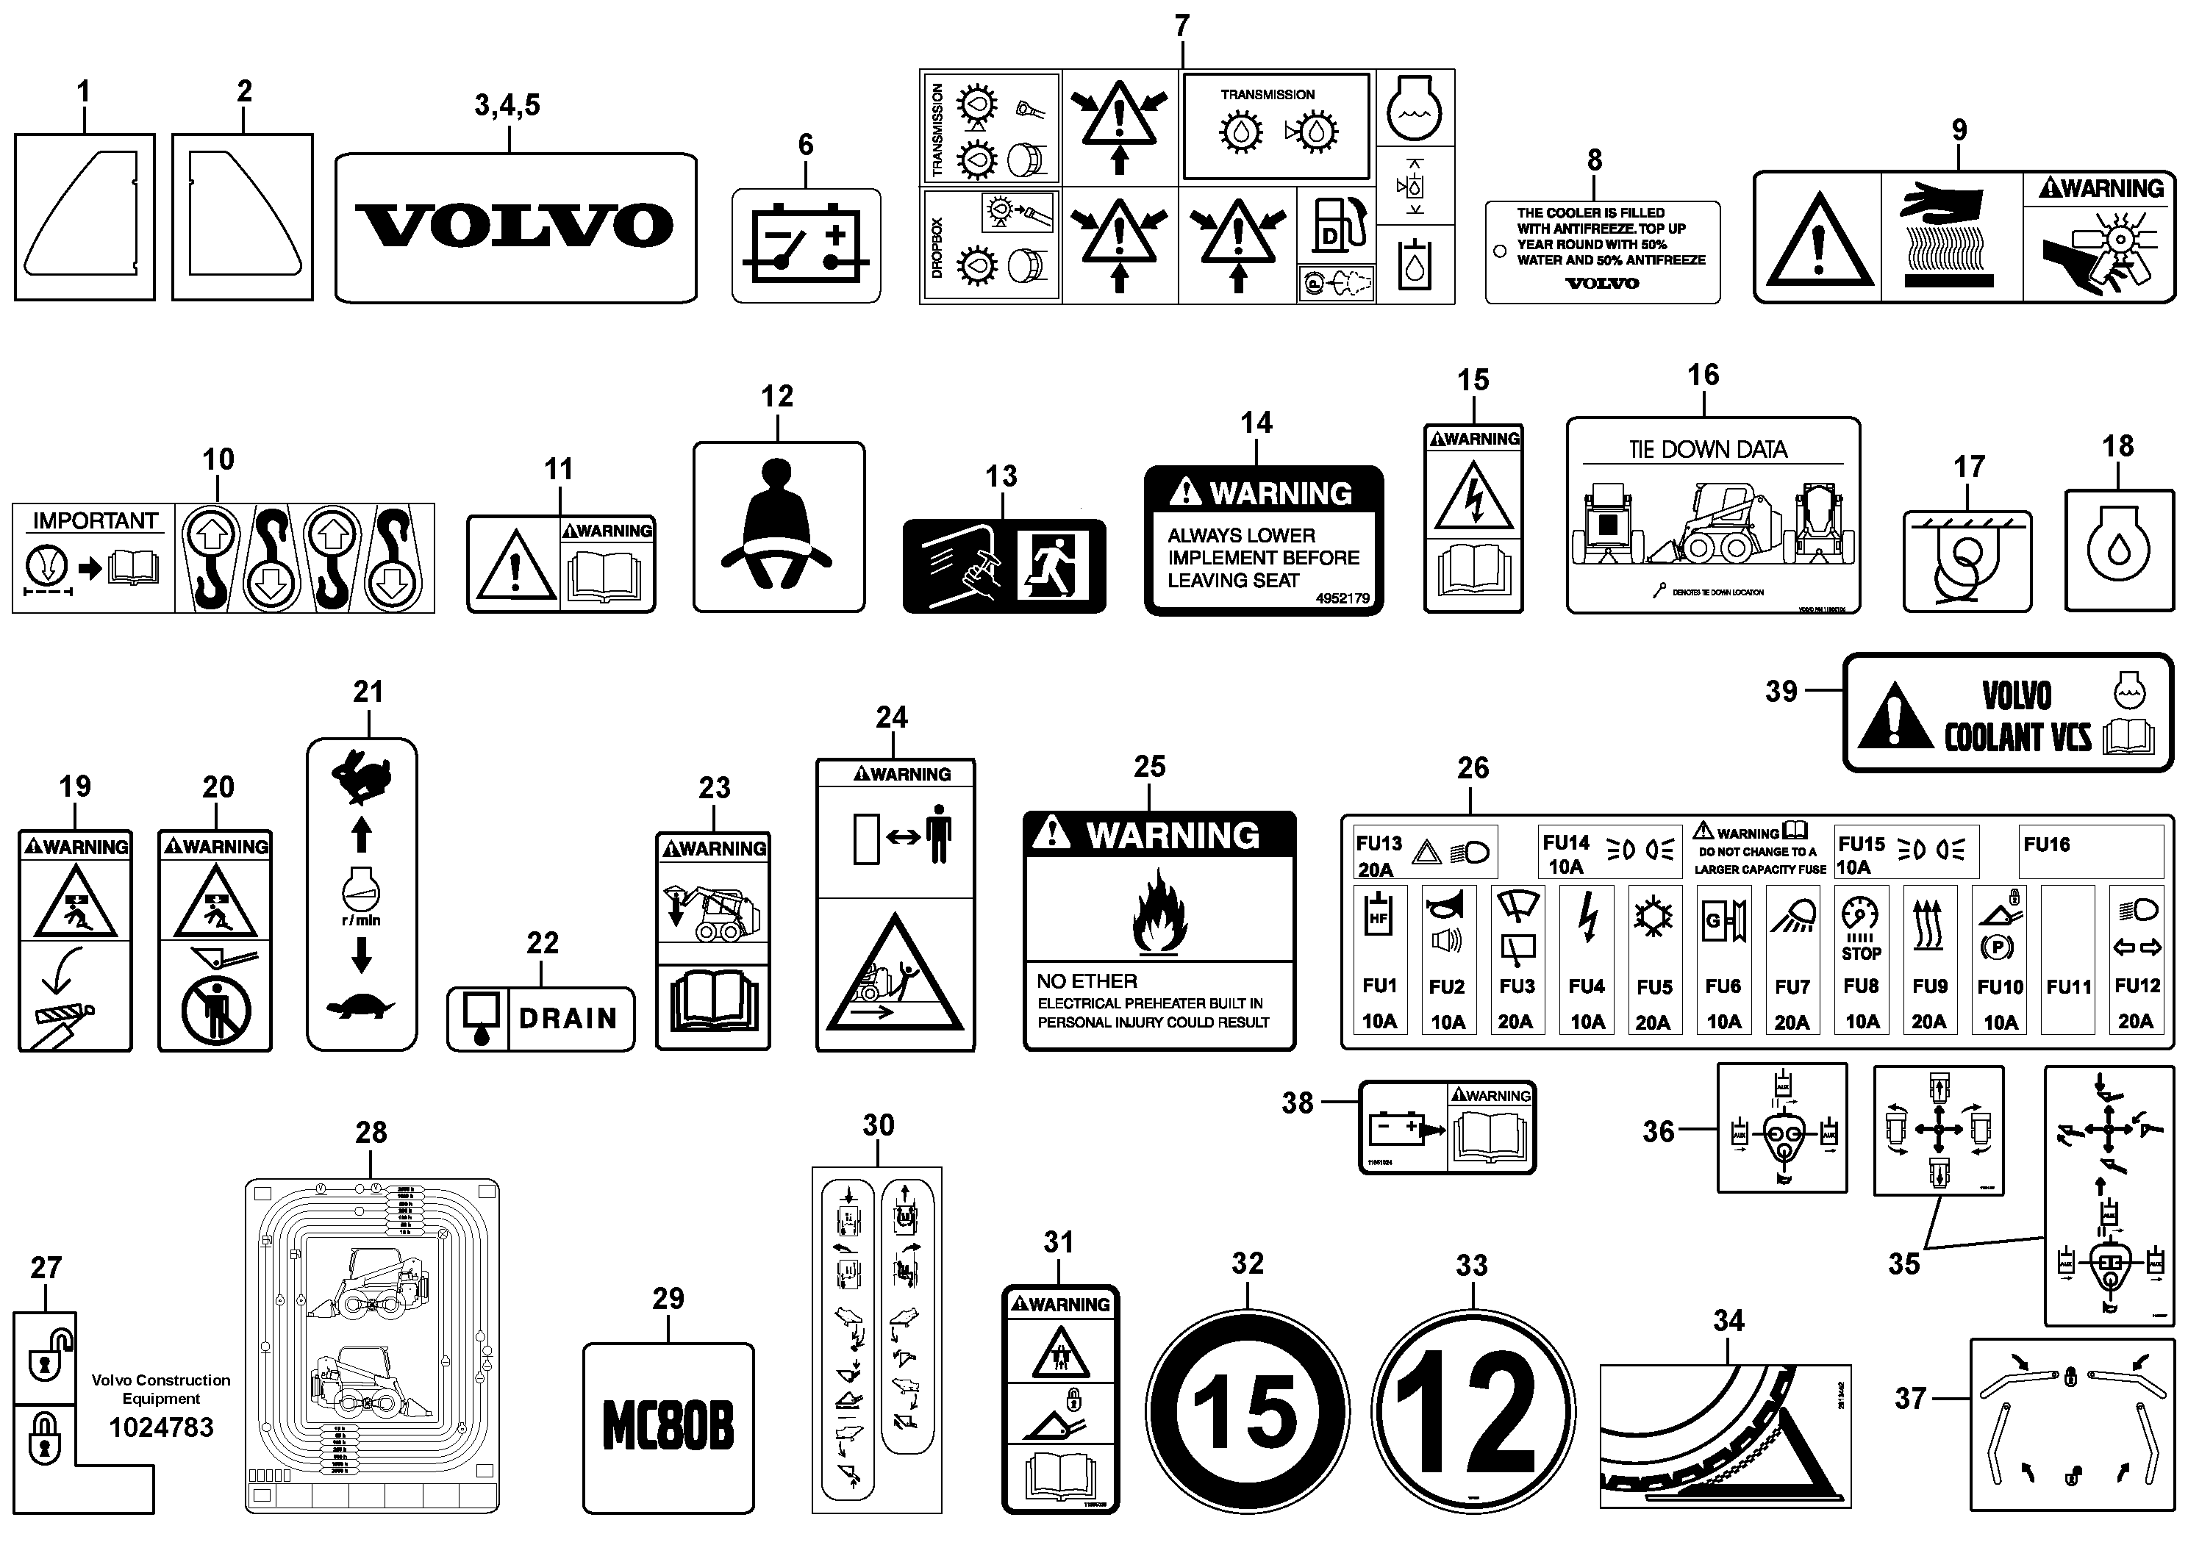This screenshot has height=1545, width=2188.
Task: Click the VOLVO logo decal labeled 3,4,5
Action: pos(515,226)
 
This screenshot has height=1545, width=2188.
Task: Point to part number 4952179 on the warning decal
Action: pos(1342,598)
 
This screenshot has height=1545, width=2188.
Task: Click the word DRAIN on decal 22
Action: pos(568,1018)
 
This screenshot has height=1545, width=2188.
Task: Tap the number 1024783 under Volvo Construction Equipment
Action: pos(161,1427)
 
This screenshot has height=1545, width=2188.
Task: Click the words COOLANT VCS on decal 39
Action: pos(2017,737)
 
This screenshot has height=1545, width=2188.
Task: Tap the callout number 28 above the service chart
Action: pos(371,1132)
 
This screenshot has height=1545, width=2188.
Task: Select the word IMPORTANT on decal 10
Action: pos(96,521)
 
